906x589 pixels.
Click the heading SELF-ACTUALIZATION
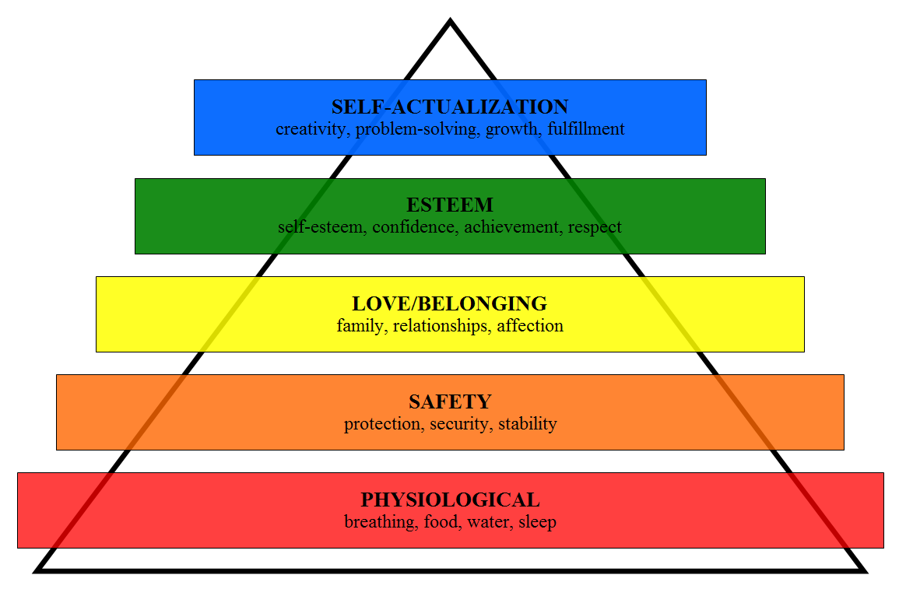click(x=450, y=107)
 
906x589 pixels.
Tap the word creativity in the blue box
click(x=311, y=129)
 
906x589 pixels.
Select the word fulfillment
click(x=585, y=129)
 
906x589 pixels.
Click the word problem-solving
click(x=416, y=129)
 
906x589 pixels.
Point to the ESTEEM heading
click(x=450, y=205)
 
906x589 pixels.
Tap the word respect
click(x=595, y=228)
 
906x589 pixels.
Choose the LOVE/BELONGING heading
click(x=450, y=303)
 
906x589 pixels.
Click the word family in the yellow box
click(x=360, y=326)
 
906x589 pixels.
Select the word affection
click(x=530, y=326)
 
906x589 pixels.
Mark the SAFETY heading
click(x=450, y=401)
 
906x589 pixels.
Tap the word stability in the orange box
click(x=528, y=425)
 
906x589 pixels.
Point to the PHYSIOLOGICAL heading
click(x=450, y=500)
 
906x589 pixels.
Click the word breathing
click(x=379, y=522)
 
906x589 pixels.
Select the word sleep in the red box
click(x=538, y=522)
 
